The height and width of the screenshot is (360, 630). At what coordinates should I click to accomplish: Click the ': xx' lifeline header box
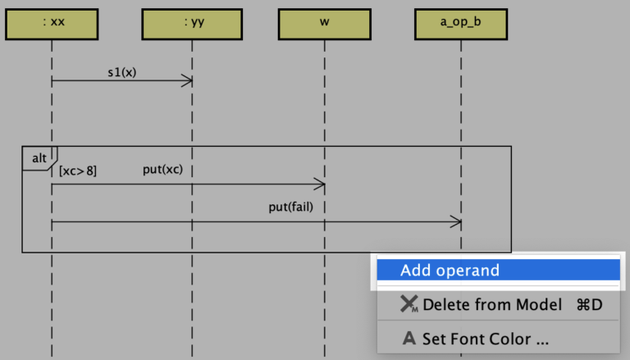pyautogui.click(x=52, y=24)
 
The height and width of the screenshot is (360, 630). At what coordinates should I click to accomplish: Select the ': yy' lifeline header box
pyautogui.click(x=193, y=24)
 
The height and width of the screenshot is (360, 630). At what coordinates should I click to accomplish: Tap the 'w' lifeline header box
pyautogui.click(x=325, y=24)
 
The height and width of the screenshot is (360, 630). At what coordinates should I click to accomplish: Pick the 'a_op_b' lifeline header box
pyautogui.click(x=460, y=24)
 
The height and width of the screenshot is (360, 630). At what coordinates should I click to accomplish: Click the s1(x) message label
pyautogui.click(x=122, y=71)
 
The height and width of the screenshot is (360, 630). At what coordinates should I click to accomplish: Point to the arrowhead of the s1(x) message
pyautogui.click(x=188, y=80)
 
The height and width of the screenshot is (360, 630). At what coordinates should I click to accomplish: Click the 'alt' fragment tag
pyautogui.click(x=39, y=157)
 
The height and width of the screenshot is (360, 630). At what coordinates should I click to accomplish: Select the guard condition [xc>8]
pyautogui.click(x=78, y=171)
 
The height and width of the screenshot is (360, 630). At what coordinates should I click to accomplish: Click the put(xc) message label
pyautogui.click(x=162, y=169)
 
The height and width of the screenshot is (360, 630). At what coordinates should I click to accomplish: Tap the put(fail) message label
pyautogui.click(x=290, y=207)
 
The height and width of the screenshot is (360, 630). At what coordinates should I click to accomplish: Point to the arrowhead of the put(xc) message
pyautogui.click(x=321, y=185)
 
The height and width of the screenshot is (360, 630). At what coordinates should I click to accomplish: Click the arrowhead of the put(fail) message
pyautogui.click(x=456, y=222)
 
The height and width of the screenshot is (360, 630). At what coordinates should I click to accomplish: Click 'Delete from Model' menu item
pyautogui.click(x=492, y=305)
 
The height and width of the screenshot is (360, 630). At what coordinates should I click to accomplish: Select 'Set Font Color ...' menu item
pyautogui.click(x=485, y=338)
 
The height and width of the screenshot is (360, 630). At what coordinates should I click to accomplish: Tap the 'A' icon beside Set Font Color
pyautogui.click(x=409, y=338)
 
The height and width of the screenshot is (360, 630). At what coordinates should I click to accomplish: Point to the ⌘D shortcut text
pyautogui.click(x=589, y=305)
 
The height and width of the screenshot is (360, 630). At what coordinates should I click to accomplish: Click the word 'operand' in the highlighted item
pyautogui.click(x=468, y=271)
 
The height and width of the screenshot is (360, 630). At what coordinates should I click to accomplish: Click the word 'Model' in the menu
pyautogui.click(x=537, y=305)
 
